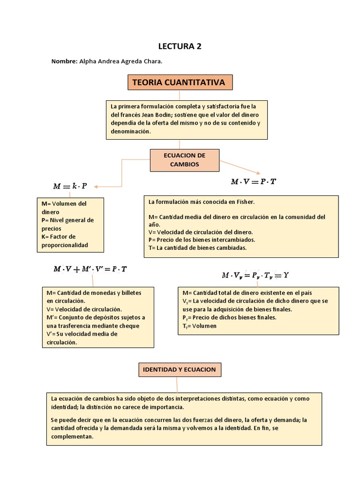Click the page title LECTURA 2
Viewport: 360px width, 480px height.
click(x=180, y=46)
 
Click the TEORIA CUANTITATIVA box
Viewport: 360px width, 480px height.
click(x=179, y=83)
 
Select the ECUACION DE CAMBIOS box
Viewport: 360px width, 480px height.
click(x=185, y=160)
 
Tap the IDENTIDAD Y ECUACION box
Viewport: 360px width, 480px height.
click(x=180, y=370)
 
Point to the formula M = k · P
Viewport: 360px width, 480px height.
click(x=70, y=186)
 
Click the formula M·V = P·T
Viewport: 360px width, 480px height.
click(x=254, y=181)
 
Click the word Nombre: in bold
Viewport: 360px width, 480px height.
click(x=64, y=61)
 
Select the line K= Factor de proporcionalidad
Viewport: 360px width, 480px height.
click(x=65, y=241)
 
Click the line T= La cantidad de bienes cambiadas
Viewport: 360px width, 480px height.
click(x=197, y=247)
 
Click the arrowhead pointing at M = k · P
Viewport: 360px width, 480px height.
click(x=97, y=186)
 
